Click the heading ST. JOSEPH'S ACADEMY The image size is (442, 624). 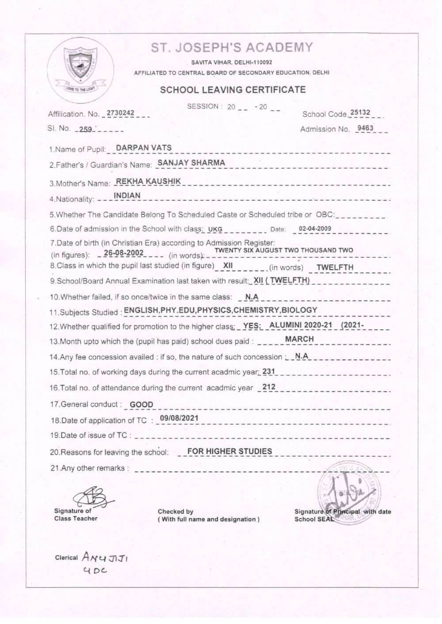point(232,48)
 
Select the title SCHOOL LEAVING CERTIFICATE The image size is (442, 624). point(232,90)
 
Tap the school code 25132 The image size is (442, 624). point(359,113)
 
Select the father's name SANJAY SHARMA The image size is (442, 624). point(191,163)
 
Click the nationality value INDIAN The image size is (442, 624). point(127,195)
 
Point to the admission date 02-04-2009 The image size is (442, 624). point(315,229)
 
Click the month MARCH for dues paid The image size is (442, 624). point(299,339)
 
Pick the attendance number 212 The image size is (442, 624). point(269,387)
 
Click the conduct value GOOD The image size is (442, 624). point(141,404)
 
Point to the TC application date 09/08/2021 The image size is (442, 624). point(179,418)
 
